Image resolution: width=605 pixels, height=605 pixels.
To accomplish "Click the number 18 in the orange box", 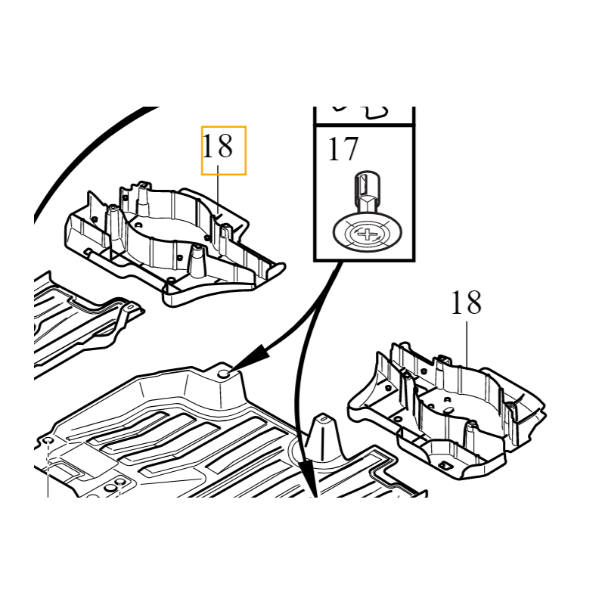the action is [x=217, y=146].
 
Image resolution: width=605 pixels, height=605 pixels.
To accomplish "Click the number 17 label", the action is [x=343, y=149].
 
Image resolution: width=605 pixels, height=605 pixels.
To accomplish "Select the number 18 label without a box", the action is [x=466, y=303].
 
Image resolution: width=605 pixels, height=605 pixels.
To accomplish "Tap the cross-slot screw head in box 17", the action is [x=367, y=234].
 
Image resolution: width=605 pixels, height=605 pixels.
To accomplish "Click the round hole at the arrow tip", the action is [x=224, y=374].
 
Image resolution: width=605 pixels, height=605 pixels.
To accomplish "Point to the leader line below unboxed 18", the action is [x=467, y=344].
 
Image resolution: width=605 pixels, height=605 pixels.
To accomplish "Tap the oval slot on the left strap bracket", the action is [x=130, y=307].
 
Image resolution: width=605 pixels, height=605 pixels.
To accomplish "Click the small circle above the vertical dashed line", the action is [x=48, y=441].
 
